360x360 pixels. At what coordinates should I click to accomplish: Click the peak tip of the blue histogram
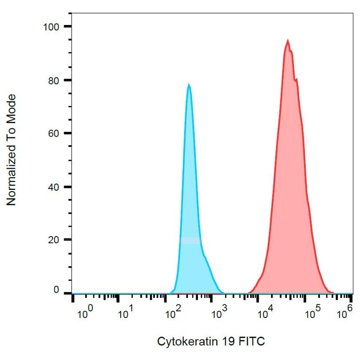[188, 85]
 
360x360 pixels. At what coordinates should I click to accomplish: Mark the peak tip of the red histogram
[287, 41]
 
